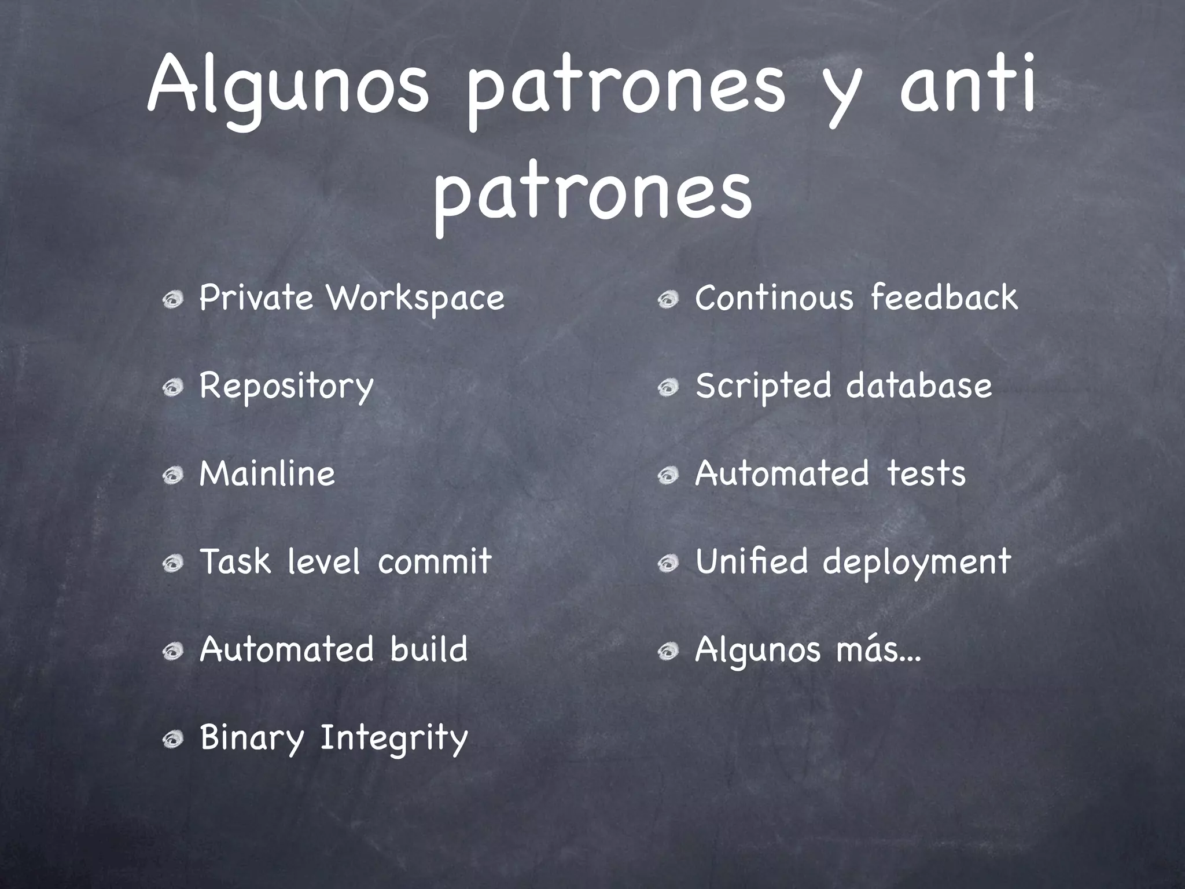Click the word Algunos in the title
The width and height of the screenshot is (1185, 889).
point(289,87)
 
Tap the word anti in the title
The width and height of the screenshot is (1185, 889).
point(967,87)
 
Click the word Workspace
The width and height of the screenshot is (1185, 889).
point(415,299)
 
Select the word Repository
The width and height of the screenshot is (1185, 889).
point(286,387)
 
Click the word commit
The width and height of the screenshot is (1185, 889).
point(435,561)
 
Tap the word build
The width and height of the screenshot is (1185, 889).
point(429,649)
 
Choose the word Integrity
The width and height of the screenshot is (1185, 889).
point(394,739)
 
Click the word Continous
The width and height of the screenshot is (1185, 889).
point(774,297)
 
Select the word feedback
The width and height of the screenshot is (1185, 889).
point(944,297)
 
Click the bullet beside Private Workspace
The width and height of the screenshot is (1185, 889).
point(172,300)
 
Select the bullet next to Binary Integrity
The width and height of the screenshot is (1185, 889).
point(172,739)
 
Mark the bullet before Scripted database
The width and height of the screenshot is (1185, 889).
point(668,388)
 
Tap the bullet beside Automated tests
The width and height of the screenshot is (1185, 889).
point(668,476)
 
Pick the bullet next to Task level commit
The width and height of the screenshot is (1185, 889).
point(172,563)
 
